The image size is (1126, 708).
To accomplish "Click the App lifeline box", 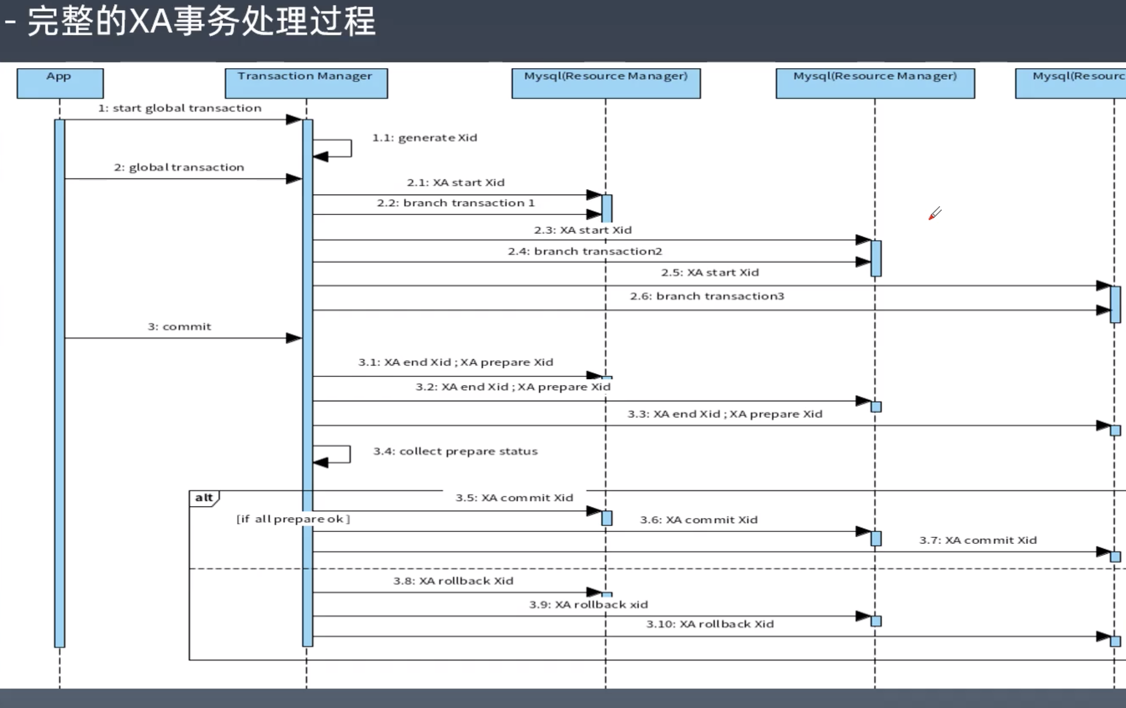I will pyautogui.click(x=60, y=83).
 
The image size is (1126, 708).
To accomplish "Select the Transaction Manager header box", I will pyautogui.click(x=306, y=83).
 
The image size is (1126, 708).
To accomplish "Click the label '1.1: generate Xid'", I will pyautogui.click(x=424, y=138).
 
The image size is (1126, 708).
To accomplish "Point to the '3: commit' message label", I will pyautogui.click(x=179, y=327).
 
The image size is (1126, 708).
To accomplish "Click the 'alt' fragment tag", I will pyautogui.click(x=204, y=498).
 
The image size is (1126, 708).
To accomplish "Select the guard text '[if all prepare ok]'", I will pyautogui.click(x=293, y=519).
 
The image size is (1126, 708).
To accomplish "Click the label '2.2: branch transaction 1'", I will pyautogui.click(x=455, y=203).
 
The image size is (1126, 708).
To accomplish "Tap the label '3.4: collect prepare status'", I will pyautogui.click(x=455, y=451).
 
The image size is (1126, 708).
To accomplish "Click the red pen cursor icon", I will pyautogui.click(x=934, y=214).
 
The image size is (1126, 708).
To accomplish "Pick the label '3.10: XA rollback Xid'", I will pyautogui.click(x=710, y=624).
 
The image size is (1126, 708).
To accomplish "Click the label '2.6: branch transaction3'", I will pyautogui.click(x=707, y=296).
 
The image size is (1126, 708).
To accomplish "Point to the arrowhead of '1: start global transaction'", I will pyautogui.click(x=294, y=120).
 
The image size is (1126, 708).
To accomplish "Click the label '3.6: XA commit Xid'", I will pyautogui.click(x=698, y=520).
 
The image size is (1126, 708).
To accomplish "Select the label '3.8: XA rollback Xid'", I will pyautogui.click(x=453, y=581).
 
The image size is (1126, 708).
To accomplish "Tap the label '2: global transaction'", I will pyautogui.click(x=179, y=167).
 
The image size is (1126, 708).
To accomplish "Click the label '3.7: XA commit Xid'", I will pyautogui.click(x=978, y=540).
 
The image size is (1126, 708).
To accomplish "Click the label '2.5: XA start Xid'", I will pyautogui.click(x=710, y=272).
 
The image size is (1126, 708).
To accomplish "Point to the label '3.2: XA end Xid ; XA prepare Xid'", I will pyautogui.click(x=512, y=387).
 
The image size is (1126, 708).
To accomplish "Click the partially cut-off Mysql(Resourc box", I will pyautogui.click(x=1071, y=83).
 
